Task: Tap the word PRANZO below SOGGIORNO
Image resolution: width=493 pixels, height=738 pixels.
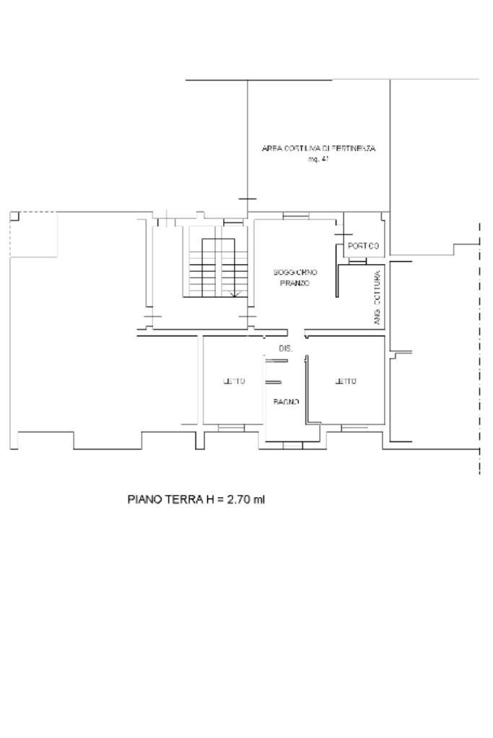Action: [295, 284]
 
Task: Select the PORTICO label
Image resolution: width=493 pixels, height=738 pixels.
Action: [363, 246]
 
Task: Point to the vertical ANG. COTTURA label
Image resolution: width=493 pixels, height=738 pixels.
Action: [378, 297]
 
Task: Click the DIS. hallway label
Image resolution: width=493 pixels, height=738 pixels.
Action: [285, 348]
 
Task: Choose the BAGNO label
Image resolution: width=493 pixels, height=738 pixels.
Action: [286, 402]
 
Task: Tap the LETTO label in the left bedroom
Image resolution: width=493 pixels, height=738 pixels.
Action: [234, 382]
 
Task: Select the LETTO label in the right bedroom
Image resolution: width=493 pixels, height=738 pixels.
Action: [346, 382]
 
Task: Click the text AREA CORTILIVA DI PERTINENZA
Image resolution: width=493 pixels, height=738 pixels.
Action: [318, 149]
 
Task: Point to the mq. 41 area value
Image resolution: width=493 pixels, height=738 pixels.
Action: [318, 159]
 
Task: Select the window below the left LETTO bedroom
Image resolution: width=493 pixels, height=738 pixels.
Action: [232, 428]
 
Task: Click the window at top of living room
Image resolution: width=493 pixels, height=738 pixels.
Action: [295, 216]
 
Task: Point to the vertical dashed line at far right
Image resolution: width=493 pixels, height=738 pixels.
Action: [479, 346]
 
